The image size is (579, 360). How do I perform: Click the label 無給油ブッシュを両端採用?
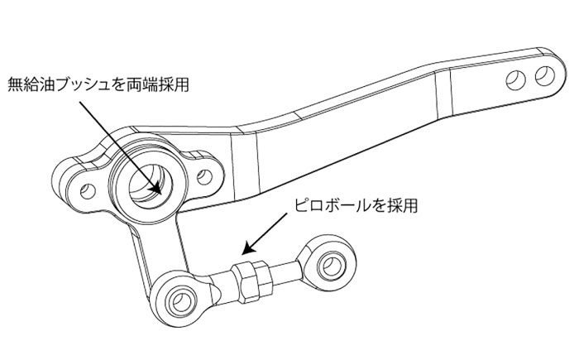(x=92, y=84)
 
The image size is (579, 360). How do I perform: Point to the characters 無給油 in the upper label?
(x=27, y=84)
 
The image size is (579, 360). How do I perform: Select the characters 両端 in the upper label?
(x=138, y=84)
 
